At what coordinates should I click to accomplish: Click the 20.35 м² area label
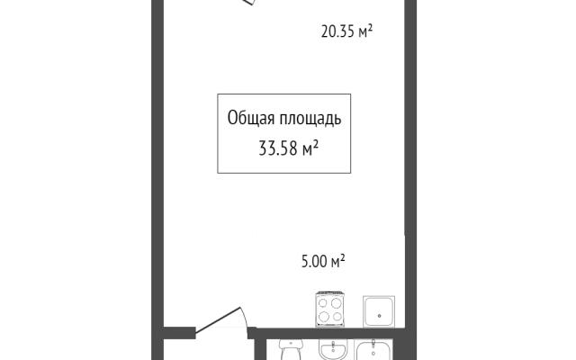pyautogui.click(x=346, y=31)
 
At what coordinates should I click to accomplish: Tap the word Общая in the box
pyautogui.click(x=251, y=118)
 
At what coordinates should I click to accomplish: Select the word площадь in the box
pyautogui.click(x=310, y=119)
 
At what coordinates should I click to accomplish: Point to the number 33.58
pyautogui.click(x=278, y=148)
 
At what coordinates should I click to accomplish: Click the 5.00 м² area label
pyautogui.click(x=323, y=262)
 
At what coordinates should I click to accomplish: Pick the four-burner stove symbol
pyautogui.click(x=330, y=309)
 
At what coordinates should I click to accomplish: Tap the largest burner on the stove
pyautogui.click(x=336, y=303)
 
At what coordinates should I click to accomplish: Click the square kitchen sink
pyautogui.click(x=379, y=311)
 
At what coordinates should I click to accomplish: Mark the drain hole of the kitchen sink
pyautogui.click(x=379, y=316)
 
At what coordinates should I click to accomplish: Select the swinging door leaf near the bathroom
pyautogui.click(x=218, y=320)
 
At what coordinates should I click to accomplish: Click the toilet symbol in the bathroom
pyautogui.click(x=291, y=349)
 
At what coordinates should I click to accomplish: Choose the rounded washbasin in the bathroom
pyautogui.click(x=333, y=350)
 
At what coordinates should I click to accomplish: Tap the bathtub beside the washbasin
pyautogui.click(x=373, y=350)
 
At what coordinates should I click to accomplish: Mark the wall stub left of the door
pyautogui.click(x=178, y=332)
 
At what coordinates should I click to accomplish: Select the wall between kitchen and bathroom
pyautogui.click(x=327, y=333)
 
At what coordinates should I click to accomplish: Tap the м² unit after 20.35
pyautogui.click(x=366, y=31)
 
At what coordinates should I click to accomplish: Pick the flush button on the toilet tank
pyautogui.click(x=291, y=344)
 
